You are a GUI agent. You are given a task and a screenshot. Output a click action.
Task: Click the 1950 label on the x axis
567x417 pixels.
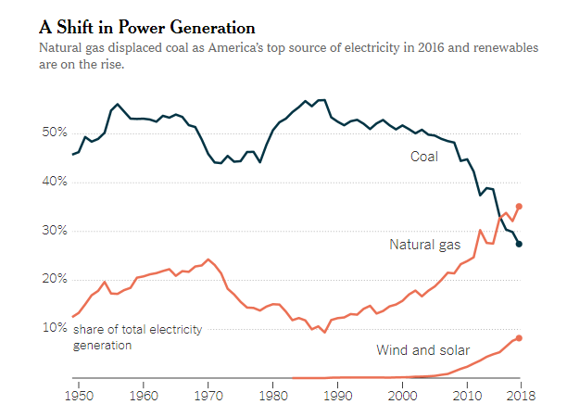79,396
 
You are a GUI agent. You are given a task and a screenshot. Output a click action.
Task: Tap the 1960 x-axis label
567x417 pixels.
144,396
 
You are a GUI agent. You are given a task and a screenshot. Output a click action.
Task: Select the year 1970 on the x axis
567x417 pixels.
208,396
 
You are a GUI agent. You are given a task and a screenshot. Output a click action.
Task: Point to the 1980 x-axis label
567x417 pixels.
273,396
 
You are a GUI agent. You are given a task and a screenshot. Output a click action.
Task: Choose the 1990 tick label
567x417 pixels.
338,396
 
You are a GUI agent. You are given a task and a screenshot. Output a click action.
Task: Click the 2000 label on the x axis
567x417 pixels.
403,396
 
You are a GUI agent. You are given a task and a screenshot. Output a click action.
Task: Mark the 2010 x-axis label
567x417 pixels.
467,396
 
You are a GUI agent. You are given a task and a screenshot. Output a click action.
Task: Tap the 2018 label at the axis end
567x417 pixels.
519,396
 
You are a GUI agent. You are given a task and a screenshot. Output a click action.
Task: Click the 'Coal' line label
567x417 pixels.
424,157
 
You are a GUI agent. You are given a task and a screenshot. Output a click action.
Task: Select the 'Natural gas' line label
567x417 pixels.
424,245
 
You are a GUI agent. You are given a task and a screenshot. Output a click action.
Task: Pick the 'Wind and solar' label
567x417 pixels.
422,350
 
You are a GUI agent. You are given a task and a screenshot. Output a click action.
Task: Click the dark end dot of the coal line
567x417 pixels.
519,244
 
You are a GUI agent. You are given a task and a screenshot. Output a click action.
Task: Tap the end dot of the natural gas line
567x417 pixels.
519,207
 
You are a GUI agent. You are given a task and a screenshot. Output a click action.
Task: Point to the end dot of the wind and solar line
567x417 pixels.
519,338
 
